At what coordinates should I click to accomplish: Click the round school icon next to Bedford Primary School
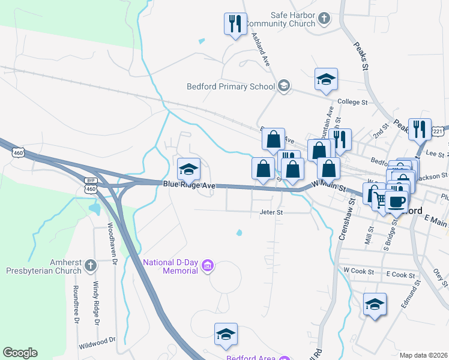(x=283, y=86)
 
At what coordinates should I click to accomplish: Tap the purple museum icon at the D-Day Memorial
(x=208, y=265)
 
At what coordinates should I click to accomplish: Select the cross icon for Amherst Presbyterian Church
(x=90, y=265)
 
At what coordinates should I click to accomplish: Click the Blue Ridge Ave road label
(x=189, y=185)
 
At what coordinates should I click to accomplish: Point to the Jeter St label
(x=271, y=212)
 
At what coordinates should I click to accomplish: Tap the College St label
(x=352, y=103)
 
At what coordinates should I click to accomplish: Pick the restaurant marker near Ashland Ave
(x=234, y=24)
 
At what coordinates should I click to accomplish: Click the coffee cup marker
(x=396, y=202)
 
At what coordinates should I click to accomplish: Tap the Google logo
(x=20, y=353)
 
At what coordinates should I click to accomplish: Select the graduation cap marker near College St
(x=326, y=79)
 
